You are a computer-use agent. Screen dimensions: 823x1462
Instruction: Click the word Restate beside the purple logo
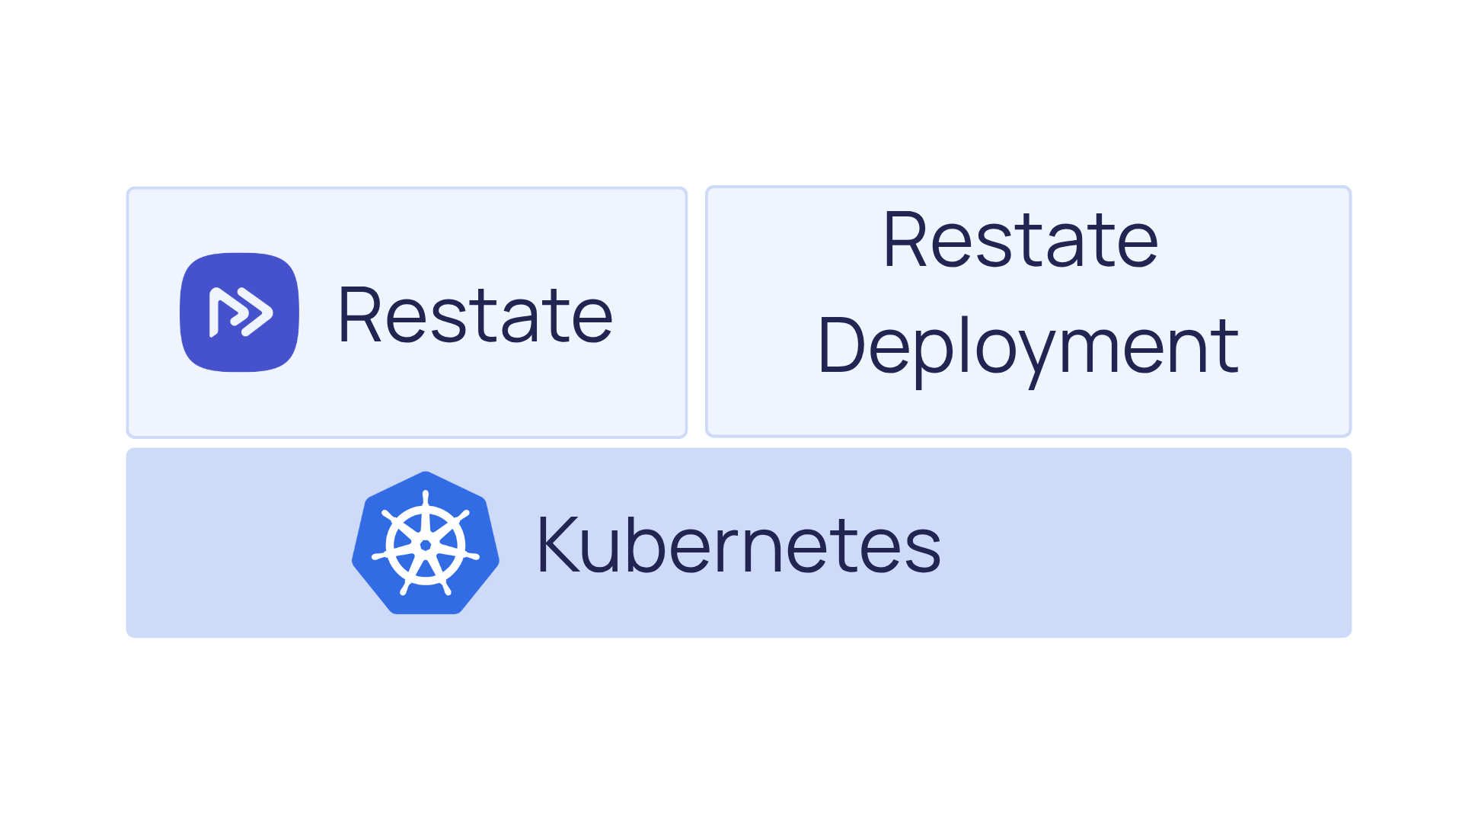(475, 315)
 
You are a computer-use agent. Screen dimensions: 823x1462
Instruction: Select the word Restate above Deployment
(1020, 241)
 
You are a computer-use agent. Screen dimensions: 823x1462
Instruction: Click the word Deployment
(1028, 347)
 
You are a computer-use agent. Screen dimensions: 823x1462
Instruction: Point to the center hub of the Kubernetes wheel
(426, 545)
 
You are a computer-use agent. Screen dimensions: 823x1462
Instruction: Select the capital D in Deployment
(840, 347)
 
